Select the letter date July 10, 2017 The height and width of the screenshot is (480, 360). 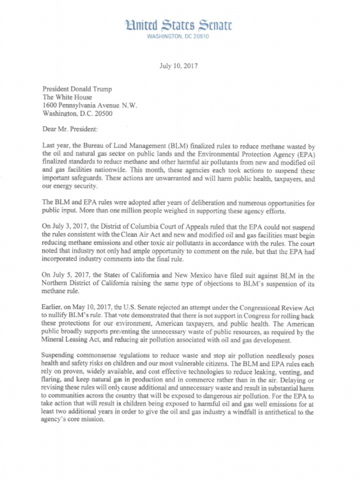coord(179,66)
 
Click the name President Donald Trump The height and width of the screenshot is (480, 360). coord(77,89)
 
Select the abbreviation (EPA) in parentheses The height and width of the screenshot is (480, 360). coord(306,154)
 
